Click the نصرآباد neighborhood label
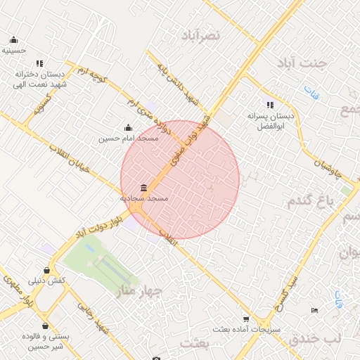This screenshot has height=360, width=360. click(200, 34)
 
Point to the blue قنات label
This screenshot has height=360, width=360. click(311, 91)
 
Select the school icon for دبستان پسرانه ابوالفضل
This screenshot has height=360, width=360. click(271, 104)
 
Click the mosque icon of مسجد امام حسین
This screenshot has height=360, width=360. click(128, 128)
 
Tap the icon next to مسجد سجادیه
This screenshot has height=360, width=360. click(144, 188)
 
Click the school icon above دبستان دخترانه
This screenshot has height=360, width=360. click(39, 63)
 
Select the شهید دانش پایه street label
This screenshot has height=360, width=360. click(169, 78)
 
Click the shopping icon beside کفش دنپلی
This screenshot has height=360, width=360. click(46, 270)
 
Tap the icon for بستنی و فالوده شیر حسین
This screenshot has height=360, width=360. click(45, 326)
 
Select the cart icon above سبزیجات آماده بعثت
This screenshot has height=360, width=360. click(245, 319)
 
